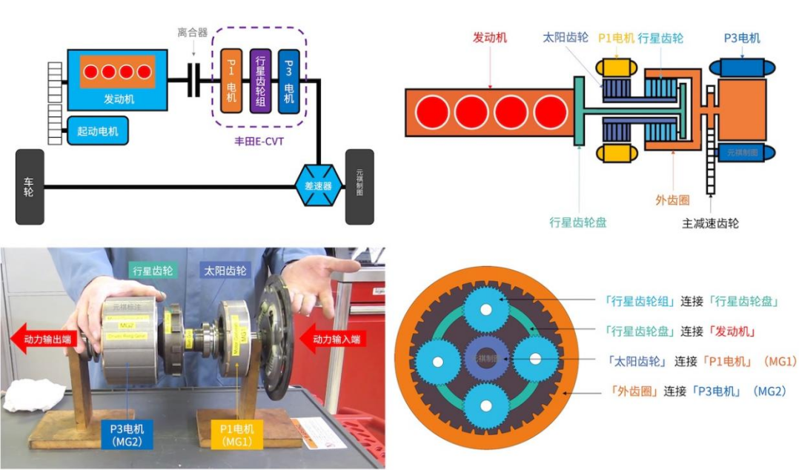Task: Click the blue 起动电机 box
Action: click(x=97, y=131)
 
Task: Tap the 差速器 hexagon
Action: click(x=319, y=185)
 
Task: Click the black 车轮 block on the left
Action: click(x=29, y=186)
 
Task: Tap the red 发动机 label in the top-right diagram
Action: click(x=490, y=37)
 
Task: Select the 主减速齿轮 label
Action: click(x=710, y=222)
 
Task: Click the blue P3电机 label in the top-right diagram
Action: click(x=742, y=38)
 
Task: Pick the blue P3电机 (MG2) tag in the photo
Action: click(x=127, y=434)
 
